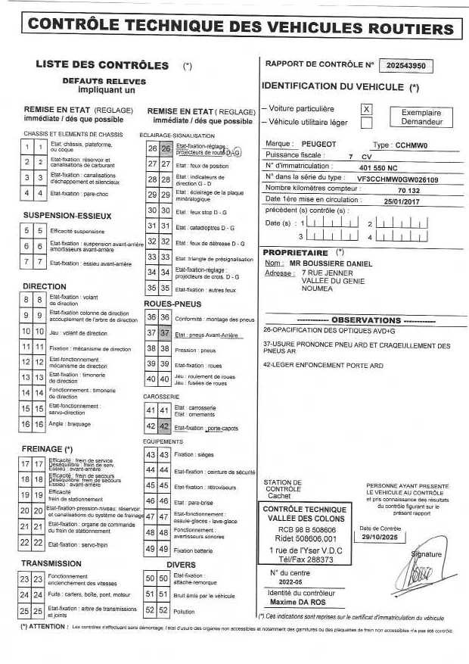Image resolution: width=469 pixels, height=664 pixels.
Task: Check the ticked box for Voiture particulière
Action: (x=367, y=109)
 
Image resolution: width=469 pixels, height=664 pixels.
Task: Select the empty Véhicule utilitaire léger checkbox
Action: (x=367, y=122)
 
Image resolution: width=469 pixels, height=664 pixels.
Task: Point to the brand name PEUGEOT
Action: (x=318, y=143)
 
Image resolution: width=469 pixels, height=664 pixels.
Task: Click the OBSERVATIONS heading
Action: (x=366, y=320)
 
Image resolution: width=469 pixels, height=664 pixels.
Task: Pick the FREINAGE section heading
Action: (x=47, y=449)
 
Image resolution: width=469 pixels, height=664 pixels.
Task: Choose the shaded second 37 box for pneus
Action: (x=164, y=333)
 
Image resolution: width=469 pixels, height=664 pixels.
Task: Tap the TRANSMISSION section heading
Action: (x=51, y=563)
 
